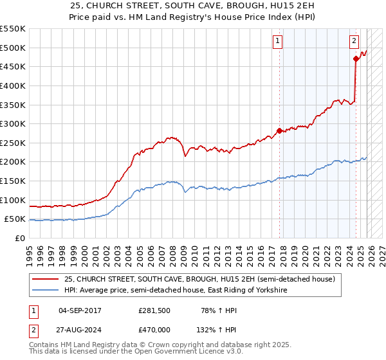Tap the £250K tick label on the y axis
coord(13,143)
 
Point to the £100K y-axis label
coord(13,200)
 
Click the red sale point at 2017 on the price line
coord(279,130)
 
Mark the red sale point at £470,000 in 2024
coord(356,59)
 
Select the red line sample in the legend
coord(45,280)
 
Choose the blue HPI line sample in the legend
coord(45,291)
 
